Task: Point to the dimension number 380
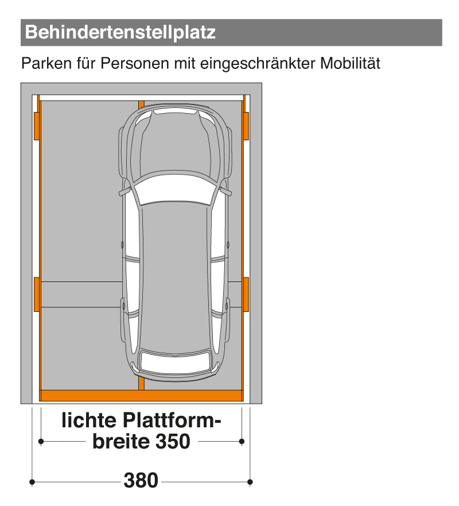[x=141, y=480]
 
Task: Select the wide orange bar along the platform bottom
[x=141, y=395]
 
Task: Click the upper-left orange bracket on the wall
[x=37, y=126]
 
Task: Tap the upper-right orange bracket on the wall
[x=246, y=126]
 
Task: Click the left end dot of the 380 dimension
[x=33, y=481]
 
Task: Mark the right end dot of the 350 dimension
[x=242, y=441]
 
